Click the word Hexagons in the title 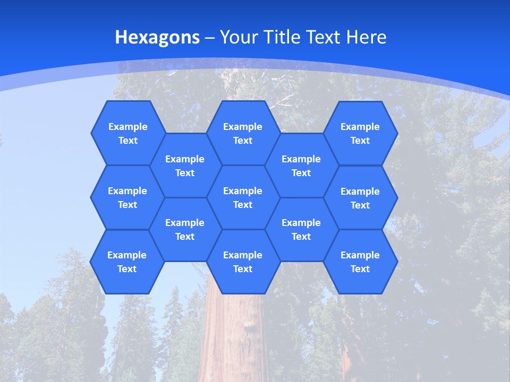157,37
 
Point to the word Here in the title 366,37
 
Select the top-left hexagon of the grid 127,133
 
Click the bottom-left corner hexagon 127,262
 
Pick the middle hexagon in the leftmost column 127,197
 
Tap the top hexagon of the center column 243,133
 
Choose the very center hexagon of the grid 243,197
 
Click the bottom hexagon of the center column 243,262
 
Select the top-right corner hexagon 360,133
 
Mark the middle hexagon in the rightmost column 360,198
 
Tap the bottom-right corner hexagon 360,262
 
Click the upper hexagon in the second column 185,166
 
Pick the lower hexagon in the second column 185,229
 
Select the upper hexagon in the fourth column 301,166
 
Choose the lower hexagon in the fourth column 301,229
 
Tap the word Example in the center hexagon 243,191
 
